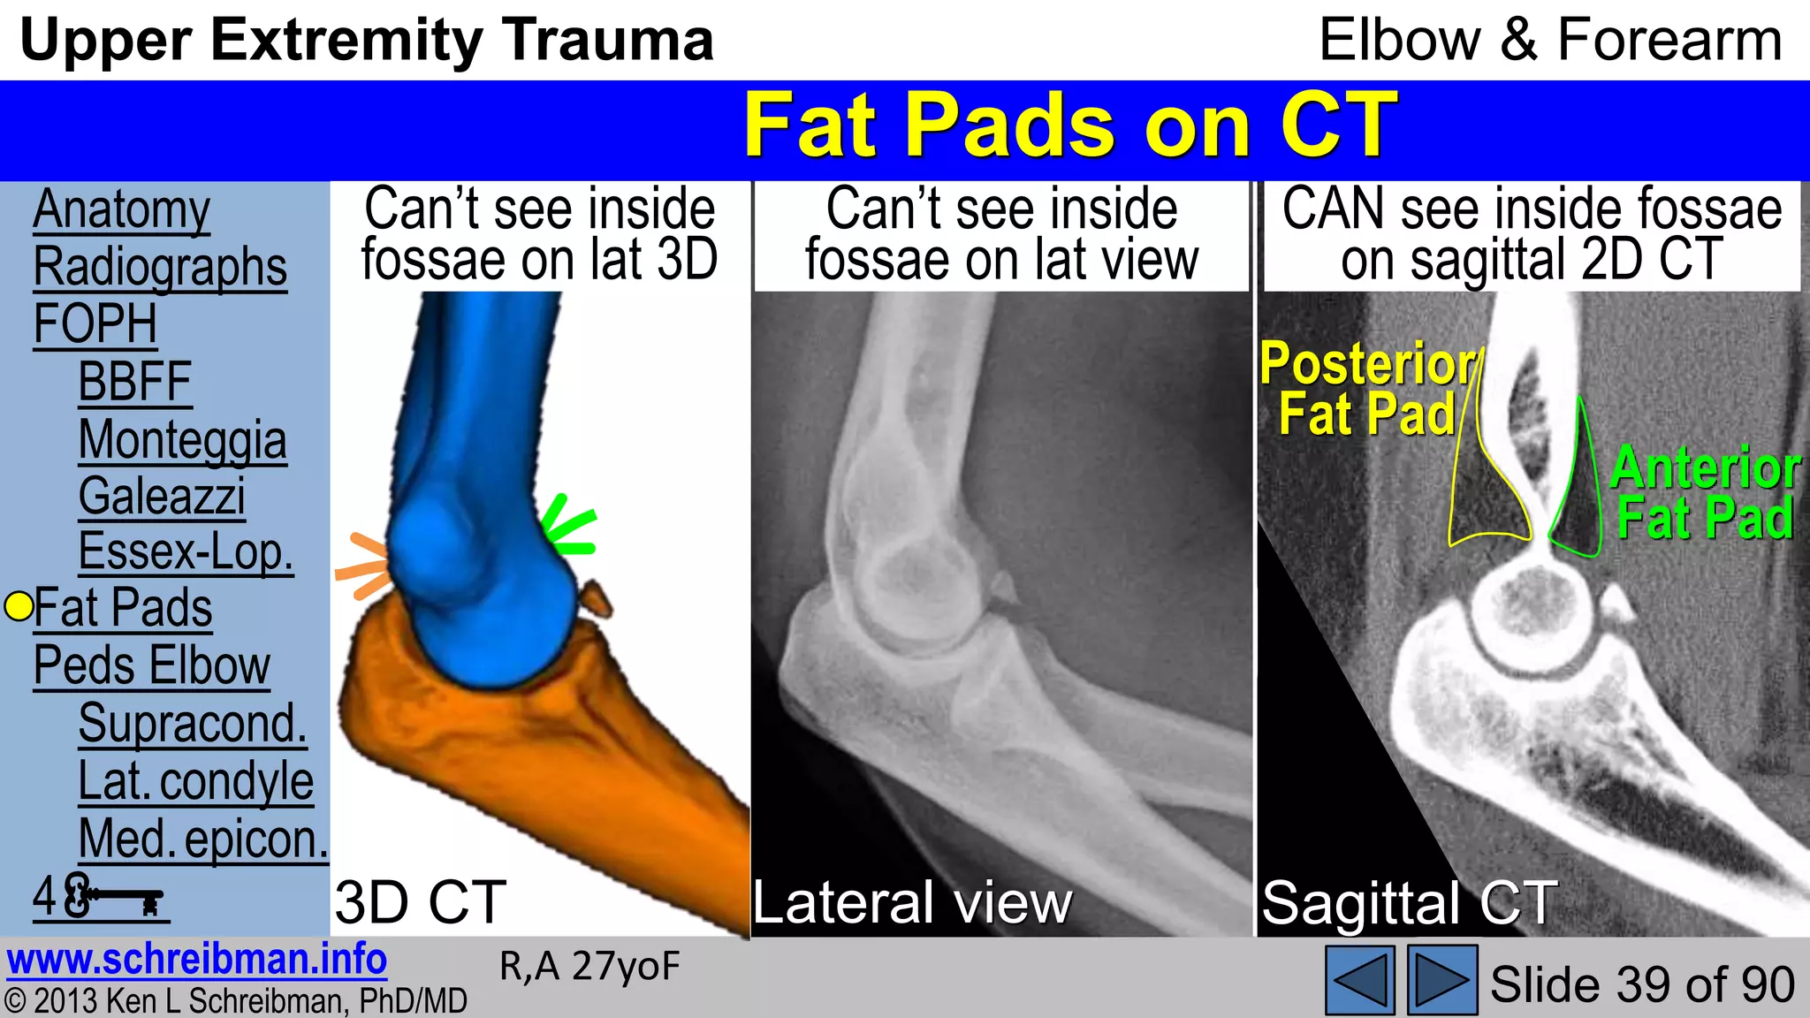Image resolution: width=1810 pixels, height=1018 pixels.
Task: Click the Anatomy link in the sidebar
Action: [x=121, y=210]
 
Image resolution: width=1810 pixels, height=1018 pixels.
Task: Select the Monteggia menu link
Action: [x=182, y=440]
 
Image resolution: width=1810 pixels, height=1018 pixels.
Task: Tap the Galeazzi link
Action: [x=162, y=497]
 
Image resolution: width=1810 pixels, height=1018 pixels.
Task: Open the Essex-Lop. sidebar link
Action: [x=186, y=552]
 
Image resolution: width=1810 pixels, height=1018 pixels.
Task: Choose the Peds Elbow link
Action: [x=152, y=665]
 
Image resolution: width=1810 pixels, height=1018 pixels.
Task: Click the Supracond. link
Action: [x=193, y=724]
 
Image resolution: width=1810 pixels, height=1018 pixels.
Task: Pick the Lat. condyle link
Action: [x=195, y=781]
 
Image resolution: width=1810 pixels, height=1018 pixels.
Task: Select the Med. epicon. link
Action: [x=203, y=839]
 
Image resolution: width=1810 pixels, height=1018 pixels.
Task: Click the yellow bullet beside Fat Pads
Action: [x=19, y=607]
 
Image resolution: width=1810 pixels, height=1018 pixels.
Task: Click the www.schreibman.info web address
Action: [x=196, y=960]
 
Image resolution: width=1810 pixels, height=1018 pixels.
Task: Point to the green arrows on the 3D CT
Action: [x=568, y=528]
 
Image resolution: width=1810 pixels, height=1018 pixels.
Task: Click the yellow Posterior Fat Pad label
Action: [x=1366, y=389]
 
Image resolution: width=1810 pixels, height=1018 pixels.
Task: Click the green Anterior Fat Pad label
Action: [x=1704, y=492]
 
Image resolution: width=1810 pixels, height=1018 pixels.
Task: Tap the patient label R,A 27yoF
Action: [x=589, y=967]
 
